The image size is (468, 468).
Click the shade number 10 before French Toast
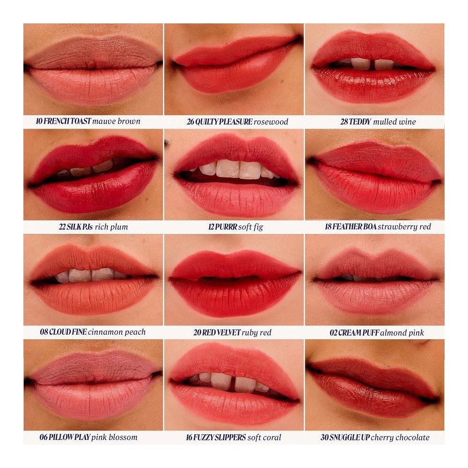coord(39,121)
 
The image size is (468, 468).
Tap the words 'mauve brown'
coord(117,121)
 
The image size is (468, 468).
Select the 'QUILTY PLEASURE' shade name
coord(224,122)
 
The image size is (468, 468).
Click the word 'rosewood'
coord(271,122)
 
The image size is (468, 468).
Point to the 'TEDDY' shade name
coord(360,122)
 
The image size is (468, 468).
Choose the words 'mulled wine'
coord(395,122)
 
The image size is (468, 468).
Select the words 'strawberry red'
coord(404,227)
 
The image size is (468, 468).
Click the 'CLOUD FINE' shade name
coord(68,332)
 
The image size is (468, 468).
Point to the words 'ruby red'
coord(256,332)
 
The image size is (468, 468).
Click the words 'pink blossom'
coord(114,437)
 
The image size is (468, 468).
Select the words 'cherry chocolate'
coord(400,438)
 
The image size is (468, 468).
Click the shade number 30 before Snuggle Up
coord(324,438)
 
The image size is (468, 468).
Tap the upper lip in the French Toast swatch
coord(93,52)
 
